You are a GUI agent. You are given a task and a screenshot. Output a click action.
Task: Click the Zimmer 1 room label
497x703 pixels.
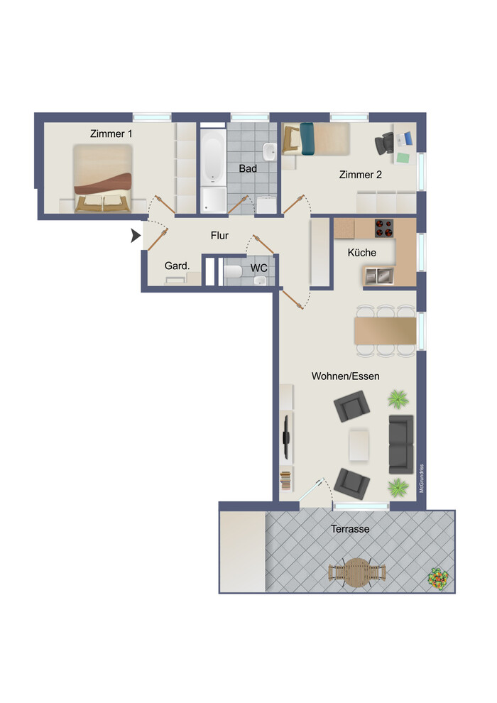click(111, 133)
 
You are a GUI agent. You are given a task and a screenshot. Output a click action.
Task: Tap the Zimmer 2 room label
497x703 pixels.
click(360, 175)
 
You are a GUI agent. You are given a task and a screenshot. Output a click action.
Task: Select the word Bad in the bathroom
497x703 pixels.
click(248, 168)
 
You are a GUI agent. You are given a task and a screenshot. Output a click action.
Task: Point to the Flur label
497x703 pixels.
click(219, 235)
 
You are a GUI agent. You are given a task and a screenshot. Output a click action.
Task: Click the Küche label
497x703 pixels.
click(361, 252)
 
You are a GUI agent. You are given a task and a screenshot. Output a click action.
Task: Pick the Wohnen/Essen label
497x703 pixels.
click(346, 376)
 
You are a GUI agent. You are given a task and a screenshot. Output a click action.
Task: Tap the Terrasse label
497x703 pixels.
click(350, 529)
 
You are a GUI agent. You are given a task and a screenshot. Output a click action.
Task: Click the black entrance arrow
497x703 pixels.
click(136, 235)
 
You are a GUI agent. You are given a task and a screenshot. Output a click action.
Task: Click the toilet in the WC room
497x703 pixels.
click(233, 271)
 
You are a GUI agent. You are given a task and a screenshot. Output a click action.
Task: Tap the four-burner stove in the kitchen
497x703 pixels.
click(384, 228)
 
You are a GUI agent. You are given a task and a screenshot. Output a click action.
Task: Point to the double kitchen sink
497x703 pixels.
click(379, 276)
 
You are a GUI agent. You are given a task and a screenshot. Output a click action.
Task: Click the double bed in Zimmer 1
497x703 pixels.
click(103, 178)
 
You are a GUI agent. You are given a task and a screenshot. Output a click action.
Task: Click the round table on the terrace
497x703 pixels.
click(356, 572)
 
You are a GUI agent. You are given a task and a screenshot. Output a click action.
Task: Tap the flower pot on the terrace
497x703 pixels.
click(438, 578)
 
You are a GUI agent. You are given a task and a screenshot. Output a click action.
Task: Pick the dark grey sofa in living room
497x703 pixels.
click(401, 445)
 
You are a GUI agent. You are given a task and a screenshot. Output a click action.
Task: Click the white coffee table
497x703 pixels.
click(359, 445)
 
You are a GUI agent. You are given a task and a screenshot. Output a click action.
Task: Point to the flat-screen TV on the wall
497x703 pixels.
click(286, 437)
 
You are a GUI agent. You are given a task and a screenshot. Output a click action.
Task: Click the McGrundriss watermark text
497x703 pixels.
click(421, 479)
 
